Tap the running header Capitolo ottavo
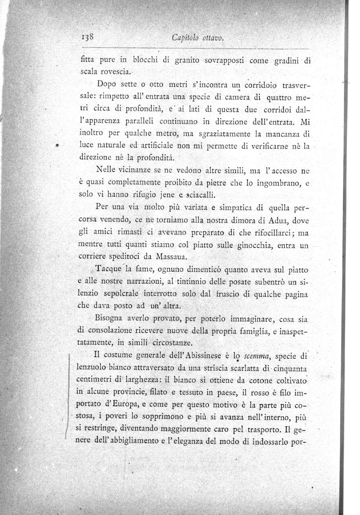(x=198, y=38)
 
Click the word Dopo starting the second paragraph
(x=106, y=84)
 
